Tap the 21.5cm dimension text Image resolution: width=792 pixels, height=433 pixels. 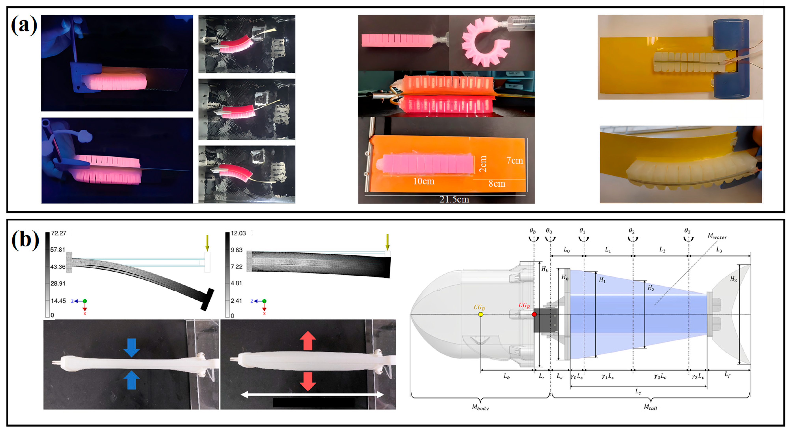[x=454, y=199]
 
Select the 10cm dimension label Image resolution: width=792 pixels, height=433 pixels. [x=424, y=181]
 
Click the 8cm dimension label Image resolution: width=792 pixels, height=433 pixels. [x=497, y=184]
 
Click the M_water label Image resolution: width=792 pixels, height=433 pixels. [x=717, y=236]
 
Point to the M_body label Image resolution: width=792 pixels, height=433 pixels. [x=480, y=407]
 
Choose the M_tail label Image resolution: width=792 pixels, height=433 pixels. [x=651, y=407]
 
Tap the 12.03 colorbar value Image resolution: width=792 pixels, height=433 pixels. [x=238, y=233]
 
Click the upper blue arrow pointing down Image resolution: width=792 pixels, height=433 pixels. [x=132, y=348]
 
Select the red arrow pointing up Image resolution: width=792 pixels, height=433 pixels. [x=308, y=341]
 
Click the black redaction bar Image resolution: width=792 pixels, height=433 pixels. [x=314, y=403]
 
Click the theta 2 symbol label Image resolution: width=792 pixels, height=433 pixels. [x=632, y=231]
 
